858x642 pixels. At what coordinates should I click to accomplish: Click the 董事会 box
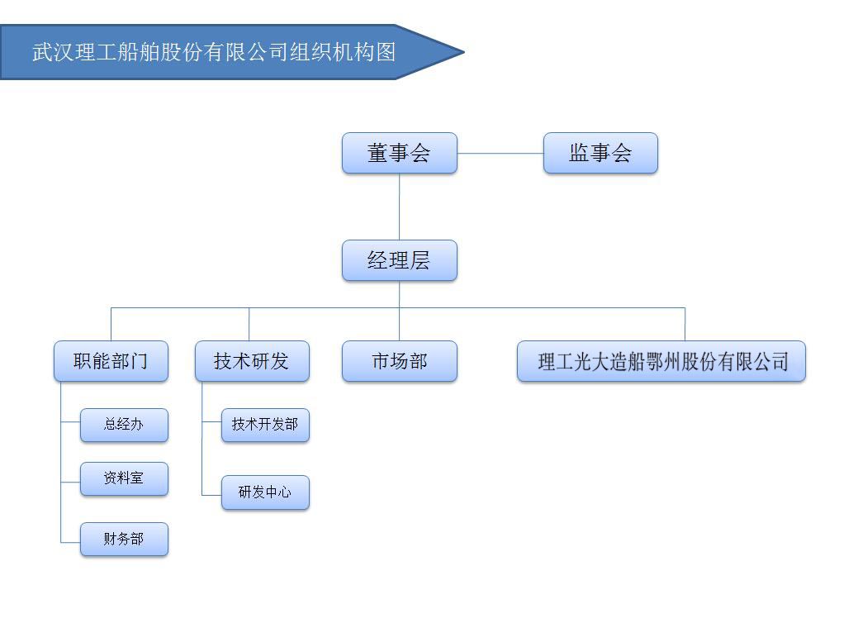(400, 153)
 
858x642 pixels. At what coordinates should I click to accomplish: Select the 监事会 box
(600, 153)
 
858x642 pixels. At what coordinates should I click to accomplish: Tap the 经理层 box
(400, 260)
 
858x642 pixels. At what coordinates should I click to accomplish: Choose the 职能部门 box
(111, 361)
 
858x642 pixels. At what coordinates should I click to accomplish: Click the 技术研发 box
(252, 361)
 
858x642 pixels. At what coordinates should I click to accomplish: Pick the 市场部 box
(400, 361)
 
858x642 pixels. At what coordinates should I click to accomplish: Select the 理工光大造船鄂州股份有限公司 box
(661, 361)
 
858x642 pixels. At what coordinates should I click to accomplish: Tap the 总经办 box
(124, 425)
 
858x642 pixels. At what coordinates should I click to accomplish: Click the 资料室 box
(124, 478)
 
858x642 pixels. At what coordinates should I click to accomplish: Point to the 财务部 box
(124, 539)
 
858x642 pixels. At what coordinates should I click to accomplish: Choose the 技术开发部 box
(265, 425)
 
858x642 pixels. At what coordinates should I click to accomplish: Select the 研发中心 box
(265, 492)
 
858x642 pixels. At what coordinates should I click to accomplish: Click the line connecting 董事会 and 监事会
(500, 154)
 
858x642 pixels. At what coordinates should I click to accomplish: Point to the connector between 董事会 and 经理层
(400, 207)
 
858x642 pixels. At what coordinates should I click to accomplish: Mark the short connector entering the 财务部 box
(70, 542)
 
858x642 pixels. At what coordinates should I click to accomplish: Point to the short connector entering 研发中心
(211, 495)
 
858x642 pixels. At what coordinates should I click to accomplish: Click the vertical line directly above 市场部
(400, 324)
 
